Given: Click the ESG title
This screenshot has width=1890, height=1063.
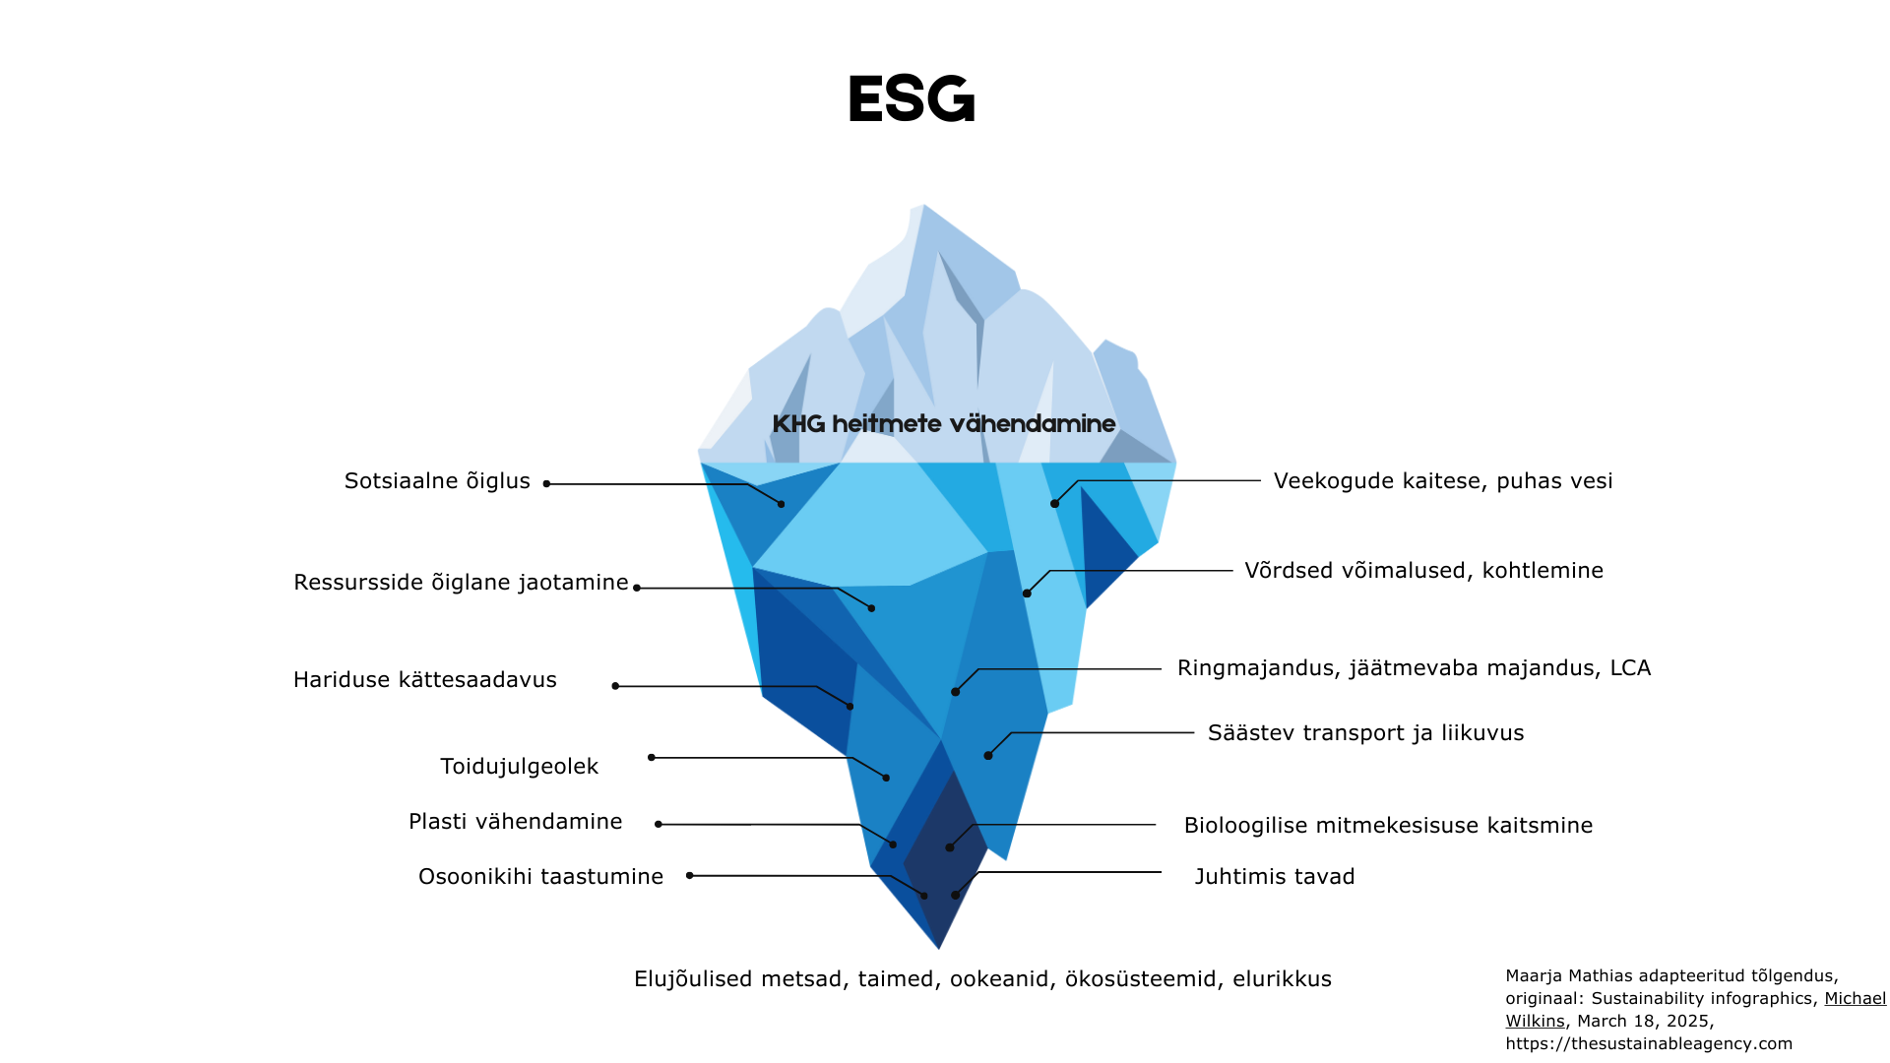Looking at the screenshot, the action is (x=911, y=99).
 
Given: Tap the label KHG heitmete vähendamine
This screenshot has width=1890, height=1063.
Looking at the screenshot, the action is (x=943, y=424).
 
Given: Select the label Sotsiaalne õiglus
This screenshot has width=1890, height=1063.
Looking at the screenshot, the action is (x=437, y=481).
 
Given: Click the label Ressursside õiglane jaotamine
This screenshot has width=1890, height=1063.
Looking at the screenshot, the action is (x=461, y=583).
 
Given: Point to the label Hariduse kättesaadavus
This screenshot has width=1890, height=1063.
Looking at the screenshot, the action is (x=425, y=680).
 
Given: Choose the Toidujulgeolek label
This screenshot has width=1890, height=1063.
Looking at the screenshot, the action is (x=519, y=767).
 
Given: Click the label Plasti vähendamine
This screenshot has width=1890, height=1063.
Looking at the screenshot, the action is (x=515, y=822).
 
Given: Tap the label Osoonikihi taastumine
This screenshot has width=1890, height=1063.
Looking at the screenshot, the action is (x=540, y=877).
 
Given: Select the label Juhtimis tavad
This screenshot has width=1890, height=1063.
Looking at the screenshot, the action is (x=1274, y=877).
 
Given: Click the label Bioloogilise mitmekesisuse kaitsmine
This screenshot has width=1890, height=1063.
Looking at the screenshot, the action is (x=1387, y=826).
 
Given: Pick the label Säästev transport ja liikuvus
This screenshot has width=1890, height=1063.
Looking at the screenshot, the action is (x=1365, y=733).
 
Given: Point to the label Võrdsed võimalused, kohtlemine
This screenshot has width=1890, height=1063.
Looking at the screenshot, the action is (x=1423, y=571).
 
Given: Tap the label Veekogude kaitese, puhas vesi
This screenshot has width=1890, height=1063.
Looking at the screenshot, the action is (x=1442, y=481).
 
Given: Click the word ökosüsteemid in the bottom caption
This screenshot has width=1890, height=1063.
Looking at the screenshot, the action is (x=1139, y=979).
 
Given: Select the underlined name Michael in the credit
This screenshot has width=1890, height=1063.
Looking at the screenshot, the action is (x=1855, y=999).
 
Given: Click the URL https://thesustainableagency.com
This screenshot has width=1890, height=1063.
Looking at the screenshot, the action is (x=1649, y=1044).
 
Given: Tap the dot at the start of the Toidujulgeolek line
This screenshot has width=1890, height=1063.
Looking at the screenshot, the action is (x=652, y=758).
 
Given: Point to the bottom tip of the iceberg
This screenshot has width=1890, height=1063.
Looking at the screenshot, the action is (x=939, y=948).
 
